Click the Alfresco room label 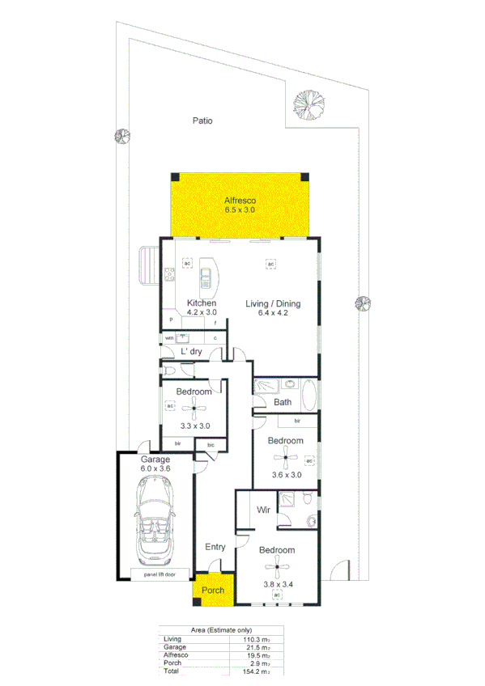click(x=240, y=200)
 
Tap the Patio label click(x=202, y=121)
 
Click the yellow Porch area click(x=213, y=590)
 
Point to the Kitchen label click(x=201, y=303)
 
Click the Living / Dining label click(x=273, y=304)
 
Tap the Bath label click(x=283, y=402)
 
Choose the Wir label click(x=263, y=510)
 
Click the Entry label click(x=215, y=547)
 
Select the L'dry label click(x=190, y=352)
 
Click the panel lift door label click(x=161, y=575)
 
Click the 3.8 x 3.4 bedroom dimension click(x=277, y=584)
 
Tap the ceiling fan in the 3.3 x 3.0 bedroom click(x=193, y=410)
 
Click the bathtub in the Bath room click(x=308, y=396)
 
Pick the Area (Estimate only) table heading click(x=221, y=630)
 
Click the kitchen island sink click(x=206, y=279)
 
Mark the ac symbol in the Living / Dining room click(x=271, y=265)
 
